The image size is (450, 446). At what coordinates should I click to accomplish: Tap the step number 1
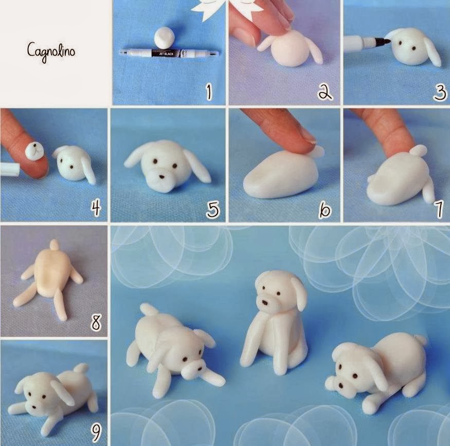coord(209,91)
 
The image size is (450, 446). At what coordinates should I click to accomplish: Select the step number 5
coord(213,209)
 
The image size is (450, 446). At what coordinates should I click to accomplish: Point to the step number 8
coord(96,322)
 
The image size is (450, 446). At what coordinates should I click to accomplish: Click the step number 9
coord(96,433)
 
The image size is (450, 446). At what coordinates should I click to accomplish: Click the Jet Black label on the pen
coord(167,53)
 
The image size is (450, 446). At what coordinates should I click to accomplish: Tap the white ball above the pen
coord(165,38)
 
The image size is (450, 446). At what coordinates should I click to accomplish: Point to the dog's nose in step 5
coord(162,177)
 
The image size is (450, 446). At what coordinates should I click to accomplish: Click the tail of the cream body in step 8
coord(54,245)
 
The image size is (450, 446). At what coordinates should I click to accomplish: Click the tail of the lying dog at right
coord(420,341)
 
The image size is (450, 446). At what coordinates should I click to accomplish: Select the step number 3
coord(440,92)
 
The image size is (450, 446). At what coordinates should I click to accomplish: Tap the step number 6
coord(325,210)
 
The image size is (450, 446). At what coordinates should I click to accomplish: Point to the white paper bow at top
coord(228,9)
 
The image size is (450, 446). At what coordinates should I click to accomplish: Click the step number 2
coord(325,92)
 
